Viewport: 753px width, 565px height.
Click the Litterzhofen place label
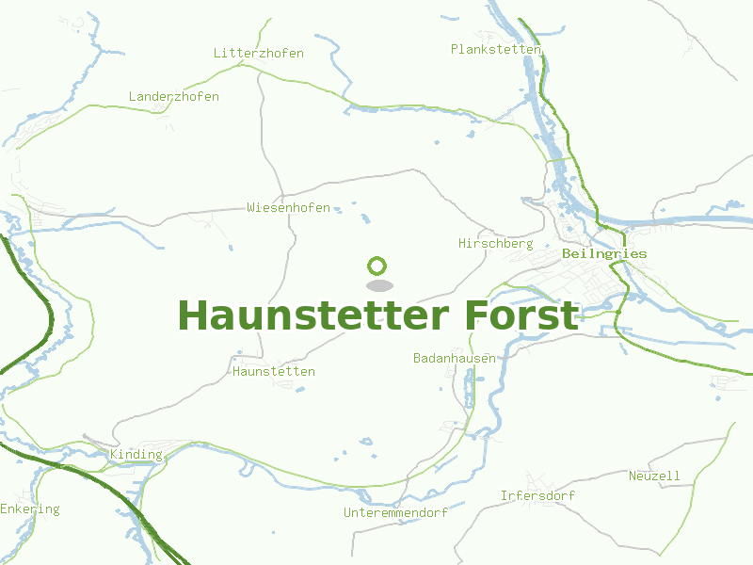(259, 54)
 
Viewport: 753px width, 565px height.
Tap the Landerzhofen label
(174, 97)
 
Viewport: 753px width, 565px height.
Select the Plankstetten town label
(496, 49)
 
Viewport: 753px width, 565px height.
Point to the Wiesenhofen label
(288, 207)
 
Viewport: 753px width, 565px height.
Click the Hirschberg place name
(495, 244)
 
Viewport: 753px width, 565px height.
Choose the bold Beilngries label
(604, 254)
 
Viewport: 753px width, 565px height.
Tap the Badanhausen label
(455, 359)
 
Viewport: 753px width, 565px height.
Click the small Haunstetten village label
(274, 372)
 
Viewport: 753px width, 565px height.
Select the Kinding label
(136, 456)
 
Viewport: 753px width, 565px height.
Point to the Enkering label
(29, 509)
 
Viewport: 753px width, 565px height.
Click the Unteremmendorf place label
(395, 513)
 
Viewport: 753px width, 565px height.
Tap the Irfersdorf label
(537, 496)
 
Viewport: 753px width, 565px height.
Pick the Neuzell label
(654, 476)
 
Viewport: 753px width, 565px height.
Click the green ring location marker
(377, 266)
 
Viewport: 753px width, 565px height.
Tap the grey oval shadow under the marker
(378, 285)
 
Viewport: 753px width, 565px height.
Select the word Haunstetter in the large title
(314, 315)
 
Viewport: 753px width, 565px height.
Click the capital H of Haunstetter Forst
(193, 315)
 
